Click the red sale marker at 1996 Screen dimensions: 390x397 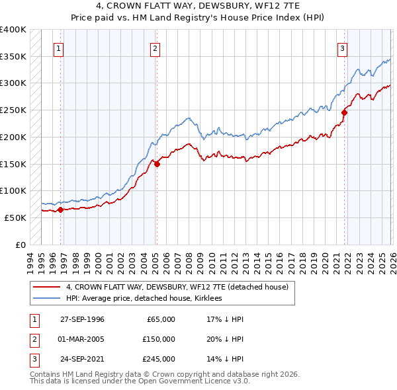click(x=60, y=210)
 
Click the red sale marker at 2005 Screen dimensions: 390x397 click(x=157, y=164)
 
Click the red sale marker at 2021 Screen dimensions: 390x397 click(x=345, y=113)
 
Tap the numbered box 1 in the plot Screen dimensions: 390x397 click(x=59, y=48)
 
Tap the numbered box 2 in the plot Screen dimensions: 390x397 click(x=155, y=48)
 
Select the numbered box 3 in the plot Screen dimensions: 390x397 click(x=343, y=48)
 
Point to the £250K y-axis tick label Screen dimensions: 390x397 click(x=13, y=110)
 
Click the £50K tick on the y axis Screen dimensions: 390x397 click(x=15, y=217)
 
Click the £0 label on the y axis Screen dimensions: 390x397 click(x=20, y=245)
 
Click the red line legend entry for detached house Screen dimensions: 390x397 click(x=177, y=288)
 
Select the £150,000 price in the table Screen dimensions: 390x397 click(x=157, y=339)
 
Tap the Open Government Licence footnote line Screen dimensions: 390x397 click(x=140, y=381)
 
